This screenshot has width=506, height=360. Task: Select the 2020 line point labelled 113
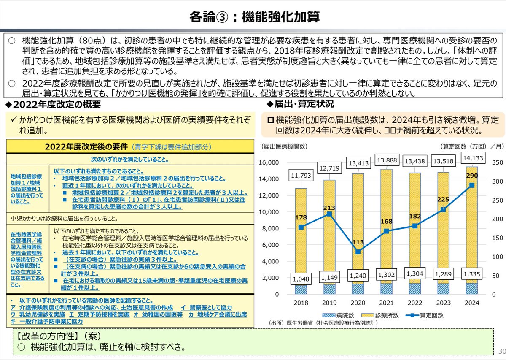[x=358, y=252]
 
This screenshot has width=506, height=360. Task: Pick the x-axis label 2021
[x=386, y=303]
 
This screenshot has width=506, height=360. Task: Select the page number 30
[x=501, y=352]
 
